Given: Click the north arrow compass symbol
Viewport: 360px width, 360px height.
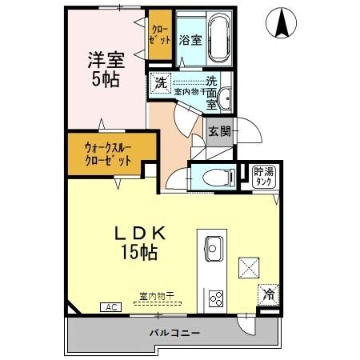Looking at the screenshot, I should tap(282, 22).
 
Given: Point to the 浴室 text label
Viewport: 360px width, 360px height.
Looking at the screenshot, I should tap(189, 40).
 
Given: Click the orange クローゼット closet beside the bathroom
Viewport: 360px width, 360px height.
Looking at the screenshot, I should tap(159, 36).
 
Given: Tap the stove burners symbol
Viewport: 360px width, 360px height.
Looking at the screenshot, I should tap(216, 298).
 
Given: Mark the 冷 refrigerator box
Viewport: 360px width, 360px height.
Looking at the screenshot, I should tap(268, 294).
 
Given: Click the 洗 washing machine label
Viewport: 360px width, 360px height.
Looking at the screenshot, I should tap(160, 82).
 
